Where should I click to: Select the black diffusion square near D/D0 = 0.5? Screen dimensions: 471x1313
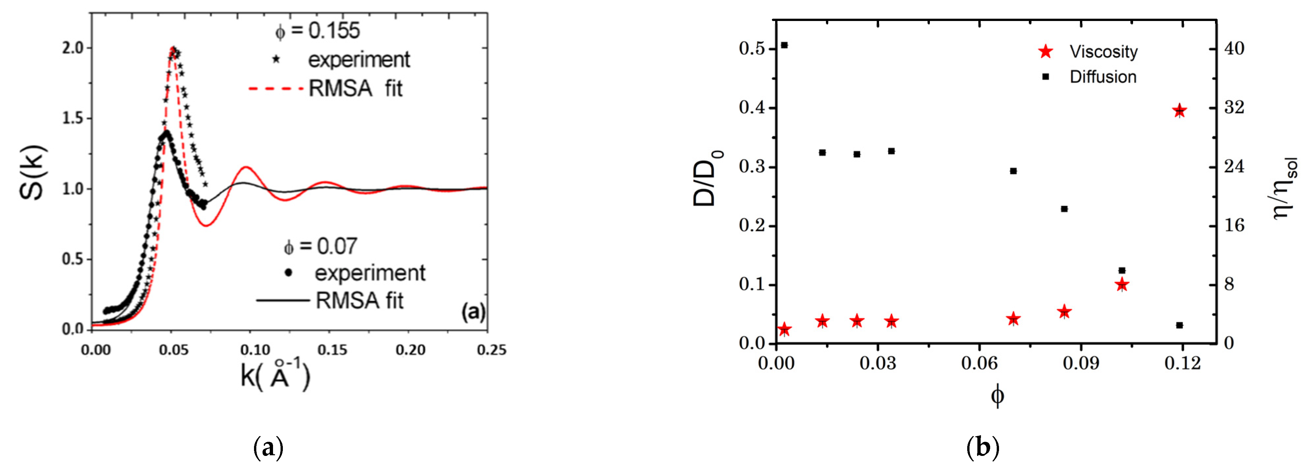(x=784, y=45)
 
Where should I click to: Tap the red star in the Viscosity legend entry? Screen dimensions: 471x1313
(x=1046, y=51)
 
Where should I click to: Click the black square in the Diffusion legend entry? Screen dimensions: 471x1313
(x=1046, y=76)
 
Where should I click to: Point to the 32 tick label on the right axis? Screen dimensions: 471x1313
(x=1234, y=107)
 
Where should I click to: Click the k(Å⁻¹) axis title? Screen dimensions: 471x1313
(x=275, y=377)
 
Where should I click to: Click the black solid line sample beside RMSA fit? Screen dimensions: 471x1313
(x=283, y=300)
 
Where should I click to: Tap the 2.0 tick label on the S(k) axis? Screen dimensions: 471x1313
(x=72, y=48)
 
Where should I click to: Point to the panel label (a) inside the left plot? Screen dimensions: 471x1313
(x=473, y=311)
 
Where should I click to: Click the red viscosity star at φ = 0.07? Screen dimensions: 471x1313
(x=1013, y=319)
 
